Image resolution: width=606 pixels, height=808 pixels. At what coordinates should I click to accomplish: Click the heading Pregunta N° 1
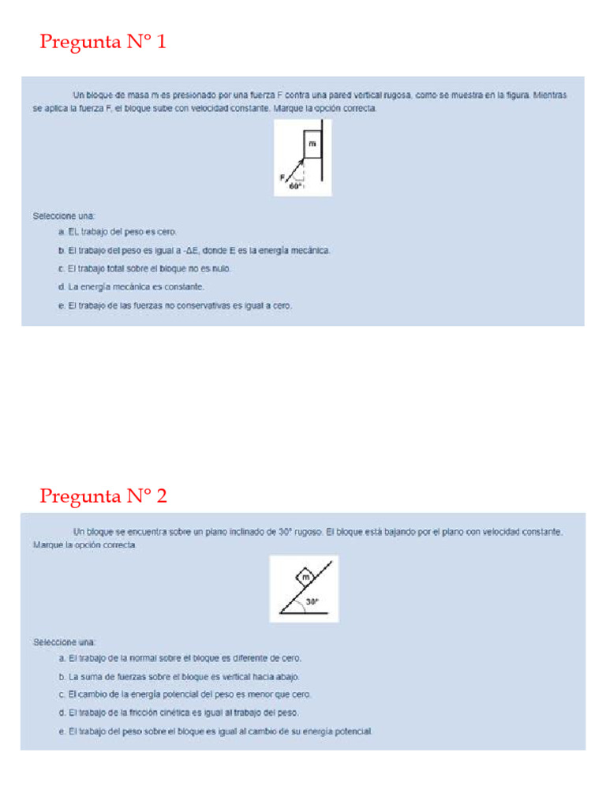[x=103, y=42]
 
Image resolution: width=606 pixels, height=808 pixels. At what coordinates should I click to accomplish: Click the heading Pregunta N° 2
[x=103, y=496]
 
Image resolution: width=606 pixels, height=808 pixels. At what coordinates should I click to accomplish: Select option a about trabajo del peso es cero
[x=118, y=231]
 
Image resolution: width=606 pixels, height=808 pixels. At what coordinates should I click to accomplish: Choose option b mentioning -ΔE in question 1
[x=194, y=250]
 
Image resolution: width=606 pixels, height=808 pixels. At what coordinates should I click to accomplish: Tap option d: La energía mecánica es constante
[x=132, y=286]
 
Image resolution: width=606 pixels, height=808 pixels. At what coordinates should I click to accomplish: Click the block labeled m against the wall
[x=312, y=144]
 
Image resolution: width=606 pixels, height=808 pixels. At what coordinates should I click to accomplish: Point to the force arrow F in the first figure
[x=294, y=170]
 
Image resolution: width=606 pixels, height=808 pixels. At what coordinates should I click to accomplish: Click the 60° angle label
[x=294, y=187]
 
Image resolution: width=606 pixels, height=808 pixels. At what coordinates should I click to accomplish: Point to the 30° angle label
[x=312, y=601]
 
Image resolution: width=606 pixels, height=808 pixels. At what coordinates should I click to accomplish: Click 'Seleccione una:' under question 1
[x=64, y=215]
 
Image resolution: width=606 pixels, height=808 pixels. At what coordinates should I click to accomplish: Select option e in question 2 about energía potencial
[x=215, y=731]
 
